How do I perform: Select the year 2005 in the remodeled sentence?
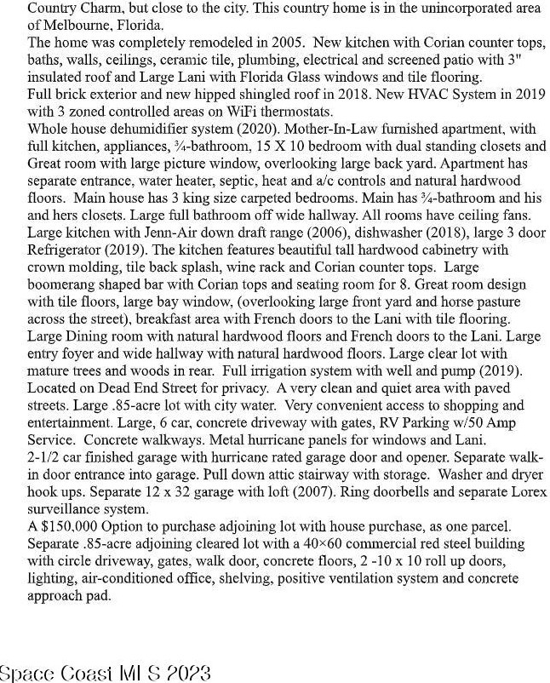point(264,41)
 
